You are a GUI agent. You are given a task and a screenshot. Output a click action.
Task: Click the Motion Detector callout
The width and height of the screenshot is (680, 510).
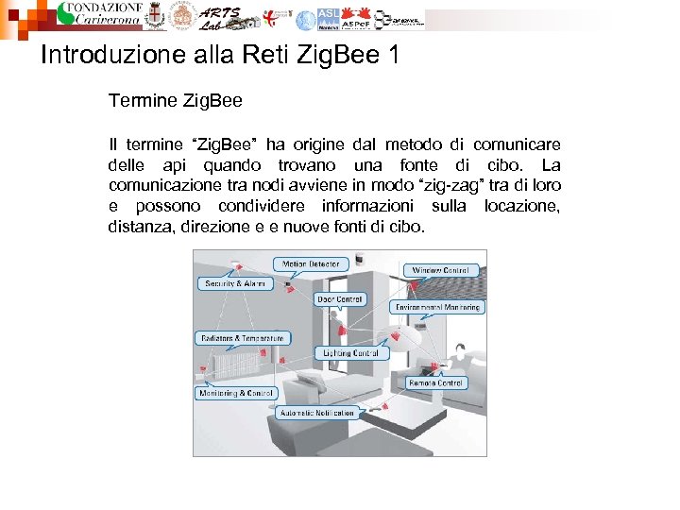point(311,264)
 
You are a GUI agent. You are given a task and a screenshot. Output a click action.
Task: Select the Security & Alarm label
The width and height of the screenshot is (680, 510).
point(235,283)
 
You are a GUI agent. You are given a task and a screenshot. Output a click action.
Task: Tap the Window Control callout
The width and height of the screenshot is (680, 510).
point(439,270)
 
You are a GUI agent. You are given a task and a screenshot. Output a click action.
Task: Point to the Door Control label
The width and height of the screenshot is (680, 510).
point(339,299)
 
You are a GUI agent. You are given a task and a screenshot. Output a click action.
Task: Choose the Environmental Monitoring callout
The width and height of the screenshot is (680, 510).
point(437,307)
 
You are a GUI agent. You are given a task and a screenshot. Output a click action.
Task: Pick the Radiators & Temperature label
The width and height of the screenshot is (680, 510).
point(242,338)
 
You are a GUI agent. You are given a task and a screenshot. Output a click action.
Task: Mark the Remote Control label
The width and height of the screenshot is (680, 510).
point(435,383)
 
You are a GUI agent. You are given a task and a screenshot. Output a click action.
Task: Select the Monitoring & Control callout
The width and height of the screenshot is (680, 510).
point(235,393)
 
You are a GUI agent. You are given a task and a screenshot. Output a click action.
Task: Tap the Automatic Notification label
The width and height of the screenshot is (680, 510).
point(316,413)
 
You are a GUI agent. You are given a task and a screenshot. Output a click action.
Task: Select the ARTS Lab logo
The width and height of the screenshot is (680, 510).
point(220,16)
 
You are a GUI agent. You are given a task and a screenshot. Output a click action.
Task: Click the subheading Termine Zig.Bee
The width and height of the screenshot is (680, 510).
point(175,100)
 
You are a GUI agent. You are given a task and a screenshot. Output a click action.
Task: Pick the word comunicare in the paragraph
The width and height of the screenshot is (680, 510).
point(516,144)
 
